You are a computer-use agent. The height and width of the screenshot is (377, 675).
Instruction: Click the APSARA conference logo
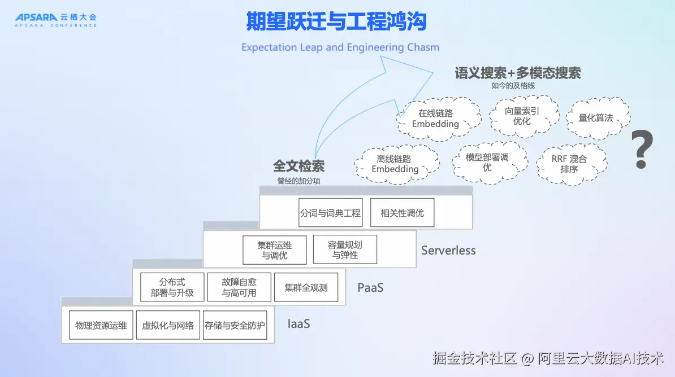[56, 20]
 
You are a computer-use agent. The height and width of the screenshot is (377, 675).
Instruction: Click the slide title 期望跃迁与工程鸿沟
[336, 21]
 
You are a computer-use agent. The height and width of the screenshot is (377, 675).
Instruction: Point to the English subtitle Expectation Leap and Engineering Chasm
[340, 47]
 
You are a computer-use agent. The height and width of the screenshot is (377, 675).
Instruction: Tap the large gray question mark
[642, 149]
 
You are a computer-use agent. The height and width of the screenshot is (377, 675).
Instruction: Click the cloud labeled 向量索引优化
[523, 116]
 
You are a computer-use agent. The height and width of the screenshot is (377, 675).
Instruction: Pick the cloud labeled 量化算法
[598, 118]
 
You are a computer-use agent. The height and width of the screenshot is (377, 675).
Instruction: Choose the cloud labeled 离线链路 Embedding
[396, 164]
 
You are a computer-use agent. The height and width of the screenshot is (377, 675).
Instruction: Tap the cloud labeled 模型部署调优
[490, 163]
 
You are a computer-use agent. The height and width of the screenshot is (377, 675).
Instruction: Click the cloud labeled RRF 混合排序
[571, 164]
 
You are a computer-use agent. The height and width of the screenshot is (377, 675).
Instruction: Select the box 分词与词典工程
[331, 212]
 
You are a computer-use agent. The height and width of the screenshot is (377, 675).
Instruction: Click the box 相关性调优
[402, 212]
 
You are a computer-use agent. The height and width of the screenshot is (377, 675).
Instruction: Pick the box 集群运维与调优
[275, 250]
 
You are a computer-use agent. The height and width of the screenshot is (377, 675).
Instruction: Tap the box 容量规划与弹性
[345, 249]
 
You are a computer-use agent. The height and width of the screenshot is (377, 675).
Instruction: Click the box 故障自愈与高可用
[239, 287]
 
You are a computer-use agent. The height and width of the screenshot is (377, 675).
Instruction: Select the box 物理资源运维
[101, 325]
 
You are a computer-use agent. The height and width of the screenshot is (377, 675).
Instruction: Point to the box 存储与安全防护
[235, 325]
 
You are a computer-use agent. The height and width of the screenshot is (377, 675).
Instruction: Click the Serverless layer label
[448, 250]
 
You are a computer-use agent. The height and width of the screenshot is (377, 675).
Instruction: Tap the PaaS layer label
[370, 288]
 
